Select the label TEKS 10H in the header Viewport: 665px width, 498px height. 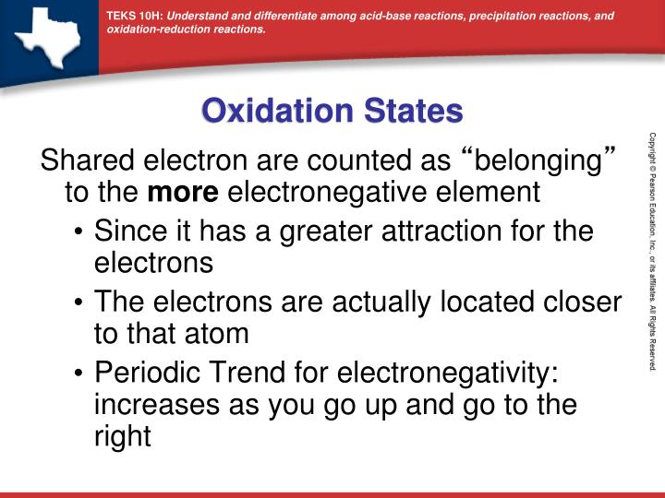point(134,16)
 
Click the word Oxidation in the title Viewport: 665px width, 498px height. point(267,112)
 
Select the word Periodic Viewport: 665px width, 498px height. point(145,372)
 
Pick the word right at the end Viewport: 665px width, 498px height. point(122,436)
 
